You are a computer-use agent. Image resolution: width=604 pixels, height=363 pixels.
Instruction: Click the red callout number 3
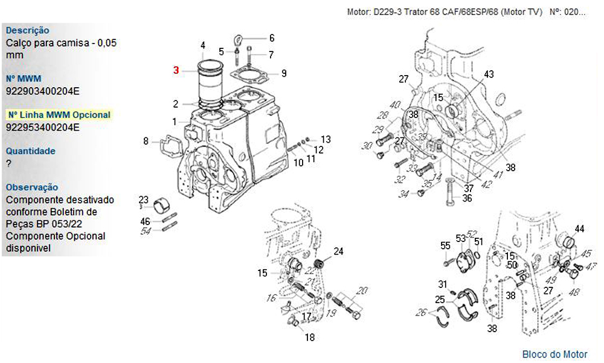[x=176, y=70]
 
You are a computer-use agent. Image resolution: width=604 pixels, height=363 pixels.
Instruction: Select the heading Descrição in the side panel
[x=28, y=30]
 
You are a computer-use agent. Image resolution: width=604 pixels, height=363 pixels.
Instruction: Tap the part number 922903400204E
[x=42, y=91]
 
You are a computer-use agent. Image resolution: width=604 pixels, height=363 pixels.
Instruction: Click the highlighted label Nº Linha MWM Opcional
[x=59, y=115]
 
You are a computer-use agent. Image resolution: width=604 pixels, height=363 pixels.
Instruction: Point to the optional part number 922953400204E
[x=42, y=128]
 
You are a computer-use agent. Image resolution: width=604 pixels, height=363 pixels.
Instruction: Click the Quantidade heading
[x=30, y=151]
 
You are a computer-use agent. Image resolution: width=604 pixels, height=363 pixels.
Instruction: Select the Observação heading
[x=32, y=188]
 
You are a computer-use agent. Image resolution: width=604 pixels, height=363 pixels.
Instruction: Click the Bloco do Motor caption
[x=554, y=354]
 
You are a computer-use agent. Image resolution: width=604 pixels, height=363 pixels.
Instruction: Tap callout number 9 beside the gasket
[x=283, y=74]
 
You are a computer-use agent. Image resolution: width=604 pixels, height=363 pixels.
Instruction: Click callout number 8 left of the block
[x=146, y=141]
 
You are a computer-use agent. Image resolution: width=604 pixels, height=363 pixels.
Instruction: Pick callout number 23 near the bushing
[x=143, y=200]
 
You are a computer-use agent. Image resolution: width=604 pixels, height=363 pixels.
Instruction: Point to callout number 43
[x=489, y=74]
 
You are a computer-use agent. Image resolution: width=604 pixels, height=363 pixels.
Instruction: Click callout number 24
[x=338, y=251]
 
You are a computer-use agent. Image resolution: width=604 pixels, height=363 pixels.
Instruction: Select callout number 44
[x=579, y=229]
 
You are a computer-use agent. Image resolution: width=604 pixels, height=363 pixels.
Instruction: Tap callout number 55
[x=445, y=246]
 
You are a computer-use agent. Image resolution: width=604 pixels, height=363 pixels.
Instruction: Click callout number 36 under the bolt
[x=467, y=198]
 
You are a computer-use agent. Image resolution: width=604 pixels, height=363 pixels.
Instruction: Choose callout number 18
[x=309, y=338]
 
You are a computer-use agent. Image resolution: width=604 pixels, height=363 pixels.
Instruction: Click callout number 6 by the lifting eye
[x=271, y=38]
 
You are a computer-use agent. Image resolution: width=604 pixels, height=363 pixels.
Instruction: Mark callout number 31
[x=442, y=284]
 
